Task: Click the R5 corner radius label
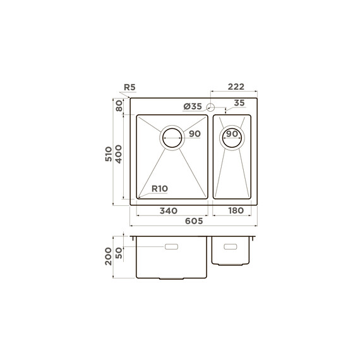click(129, 87)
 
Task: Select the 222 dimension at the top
click(236, 87)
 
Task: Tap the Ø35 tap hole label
click(193, 106)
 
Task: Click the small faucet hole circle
click(210, 107)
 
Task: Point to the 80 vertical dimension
click(119, 106)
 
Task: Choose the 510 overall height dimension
click(109, 154)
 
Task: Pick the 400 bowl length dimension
click(119, 154)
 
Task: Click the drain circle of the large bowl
click(172, 138)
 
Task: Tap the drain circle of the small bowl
click(232, 138)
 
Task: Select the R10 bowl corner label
click(160, 189)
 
